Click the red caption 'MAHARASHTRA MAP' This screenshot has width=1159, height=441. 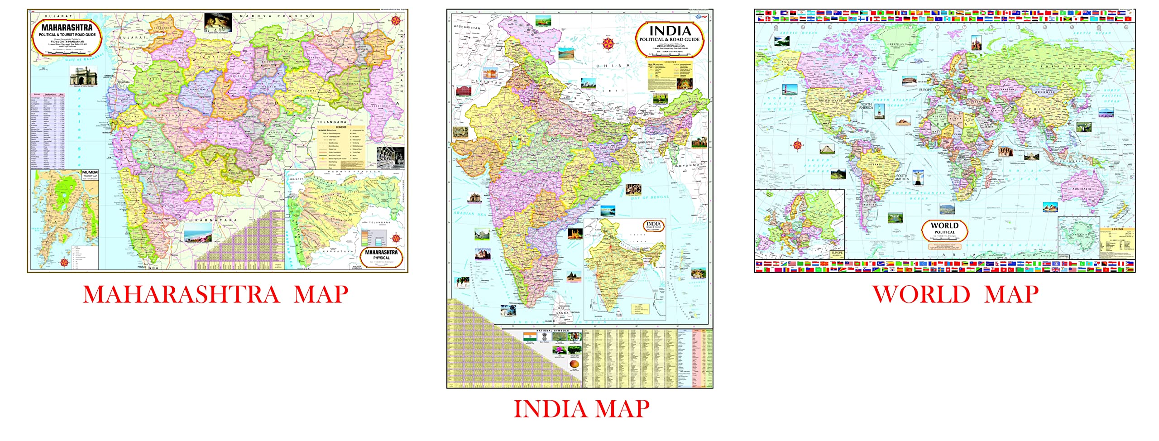click(x=216, y=295)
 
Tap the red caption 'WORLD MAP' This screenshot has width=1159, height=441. click(x=955, y=295)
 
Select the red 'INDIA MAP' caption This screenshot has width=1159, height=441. click(x=581, y=409)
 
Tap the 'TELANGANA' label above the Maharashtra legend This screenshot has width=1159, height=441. click(x=331, y=122)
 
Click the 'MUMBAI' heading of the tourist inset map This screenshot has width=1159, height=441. click(x=90, y=173)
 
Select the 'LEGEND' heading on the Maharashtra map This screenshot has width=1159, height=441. click(x=340, y=127)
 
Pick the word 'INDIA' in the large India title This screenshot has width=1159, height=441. click(x=670, y=31)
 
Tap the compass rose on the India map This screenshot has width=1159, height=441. click(x=608, y=44)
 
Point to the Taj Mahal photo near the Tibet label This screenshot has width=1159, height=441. click(x=588, y=85)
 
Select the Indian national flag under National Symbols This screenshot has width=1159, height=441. click(x=530, y=337)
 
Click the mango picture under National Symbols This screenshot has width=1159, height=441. click(x=575, y=364)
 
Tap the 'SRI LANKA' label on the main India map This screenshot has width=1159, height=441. click(x=562, y=311)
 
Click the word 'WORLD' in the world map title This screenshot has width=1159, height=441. click(x=944, y=225)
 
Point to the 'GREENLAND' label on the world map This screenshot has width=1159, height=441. click(x=897, y=44)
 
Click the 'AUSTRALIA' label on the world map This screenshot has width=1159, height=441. click(x=1081, y=189)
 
